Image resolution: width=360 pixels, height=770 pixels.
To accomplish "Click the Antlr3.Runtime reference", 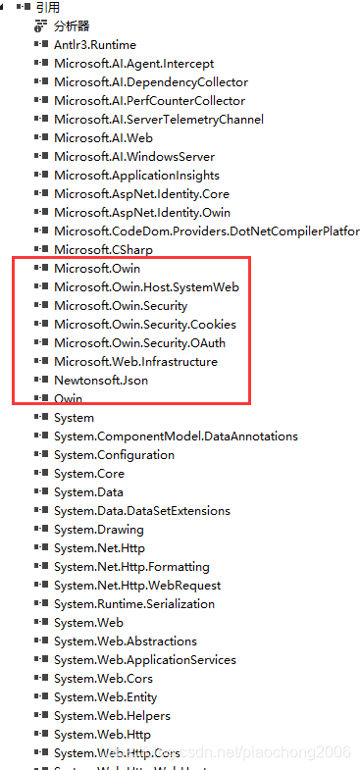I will [x=94, y=45].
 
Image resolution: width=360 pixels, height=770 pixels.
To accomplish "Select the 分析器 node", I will [x=72, y=26].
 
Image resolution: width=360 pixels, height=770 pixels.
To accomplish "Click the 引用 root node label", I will [x=47, y=7].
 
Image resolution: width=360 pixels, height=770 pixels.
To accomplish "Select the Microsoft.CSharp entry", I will [x=96, y=250].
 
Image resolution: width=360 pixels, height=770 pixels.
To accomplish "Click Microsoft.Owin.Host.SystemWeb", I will [x=146, y=287].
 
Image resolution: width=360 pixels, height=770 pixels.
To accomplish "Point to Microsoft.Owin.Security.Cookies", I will [x=144, y=325].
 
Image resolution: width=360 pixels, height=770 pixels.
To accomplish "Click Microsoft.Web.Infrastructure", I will [x=135, y=362].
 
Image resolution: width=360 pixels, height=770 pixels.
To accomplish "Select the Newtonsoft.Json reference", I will [x=101, y=381].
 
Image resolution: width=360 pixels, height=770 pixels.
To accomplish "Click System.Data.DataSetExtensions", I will [x=141, y=511].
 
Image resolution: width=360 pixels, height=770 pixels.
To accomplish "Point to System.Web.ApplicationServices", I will [x=139, y=660].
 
